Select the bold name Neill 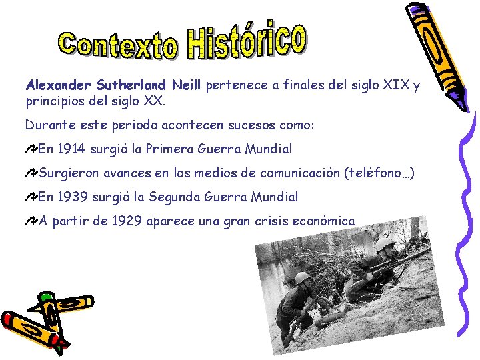[187, 86]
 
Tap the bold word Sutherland [131, 86]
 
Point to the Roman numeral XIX [393, 86]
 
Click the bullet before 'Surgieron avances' [31, 174]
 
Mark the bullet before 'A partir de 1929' [31, 221]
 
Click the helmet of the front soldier [303, 278]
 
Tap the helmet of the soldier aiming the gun [385, 245]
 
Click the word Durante [47, 125]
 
